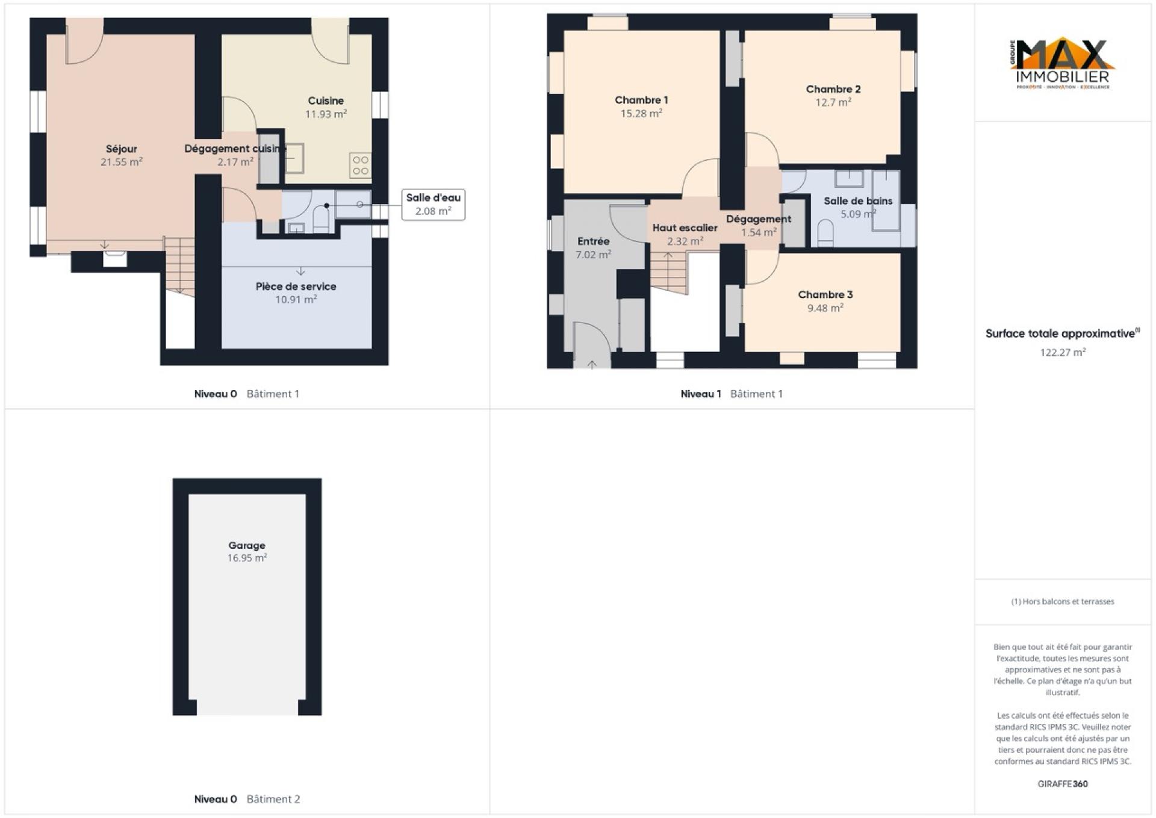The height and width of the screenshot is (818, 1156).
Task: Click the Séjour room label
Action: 122,149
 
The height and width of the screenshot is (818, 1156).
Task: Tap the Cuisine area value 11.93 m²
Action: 326,114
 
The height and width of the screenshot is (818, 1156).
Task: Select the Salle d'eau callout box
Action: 433,205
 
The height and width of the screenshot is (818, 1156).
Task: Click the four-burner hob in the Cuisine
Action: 361,166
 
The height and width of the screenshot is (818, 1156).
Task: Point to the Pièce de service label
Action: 296,287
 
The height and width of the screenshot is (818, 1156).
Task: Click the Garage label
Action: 247,545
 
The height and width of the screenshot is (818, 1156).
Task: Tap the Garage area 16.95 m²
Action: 247,558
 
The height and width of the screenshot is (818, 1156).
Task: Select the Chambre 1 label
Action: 641,100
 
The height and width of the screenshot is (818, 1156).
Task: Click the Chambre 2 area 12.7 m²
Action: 833,102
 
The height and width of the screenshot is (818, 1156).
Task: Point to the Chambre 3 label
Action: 825,294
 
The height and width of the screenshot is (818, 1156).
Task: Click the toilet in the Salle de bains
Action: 825,234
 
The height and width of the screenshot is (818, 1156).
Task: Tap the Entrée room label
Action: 594,241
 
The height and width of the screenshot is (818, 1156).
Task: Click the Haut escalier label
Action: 685,228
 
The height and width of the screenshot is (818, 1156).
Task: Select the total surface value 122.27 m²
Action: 1063,352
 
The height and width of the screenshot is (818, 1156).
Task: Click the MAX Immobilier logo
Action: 1063,64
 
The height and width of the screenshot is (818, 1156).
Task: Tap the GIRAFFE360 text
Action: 1063,784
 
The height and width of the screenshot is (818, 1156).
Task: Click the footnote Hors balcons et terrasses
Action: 1063,601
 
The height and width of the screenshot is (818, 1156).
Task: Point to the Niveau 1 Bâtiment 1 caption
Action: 732,394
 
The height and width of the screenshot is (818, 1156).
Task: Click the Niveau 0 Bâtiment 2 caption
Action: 247,799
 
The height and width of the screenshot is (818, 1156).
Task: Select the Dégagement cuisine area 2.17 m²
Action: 235,162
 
